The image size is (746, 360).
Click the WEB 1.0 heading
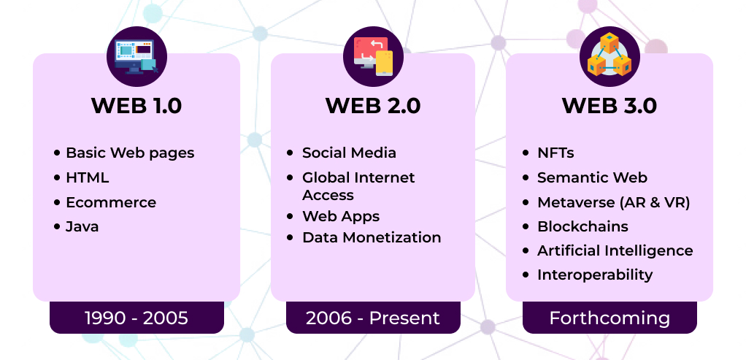[136, 106]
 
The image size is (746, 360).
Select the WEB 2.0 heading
[373, 106]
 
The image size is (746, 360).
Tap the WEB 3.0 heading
[610, 106]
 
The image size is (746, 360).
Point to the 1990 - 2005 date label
[136, 318]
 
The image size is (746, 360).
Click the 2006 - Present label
[373, 318]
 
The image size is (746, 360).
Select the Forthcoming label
[610, 318]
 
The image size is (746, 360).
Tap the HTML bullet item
[88, 177]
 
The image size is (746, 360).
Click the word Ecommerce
[111, 202]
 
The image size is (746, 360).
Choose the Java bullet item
[82, 226]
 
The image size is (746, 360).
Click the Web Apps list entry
[341, 216]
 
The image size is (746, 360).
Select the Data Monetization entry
[372, 237]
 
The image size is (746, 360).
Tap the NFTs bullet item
[555, 153]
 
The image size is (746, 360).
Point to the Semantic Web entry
[592, 177]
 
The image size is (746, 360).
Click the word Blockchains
[582, 226]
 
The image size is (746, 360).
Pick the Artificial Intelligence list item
[615, 250]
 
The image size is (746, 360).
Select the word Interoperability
[595, 275]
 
